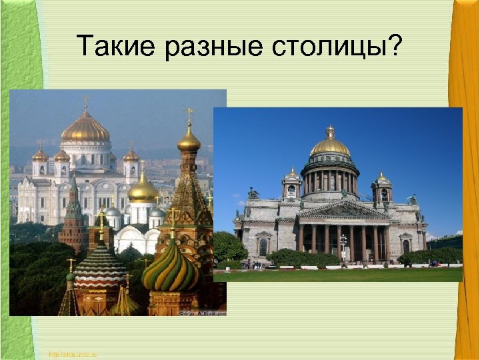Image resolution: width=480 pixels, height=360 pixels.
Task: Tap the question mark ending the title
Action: point(395,46)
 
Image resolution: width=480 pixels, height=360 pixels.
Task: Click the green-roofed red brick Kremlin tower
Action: point(73,220)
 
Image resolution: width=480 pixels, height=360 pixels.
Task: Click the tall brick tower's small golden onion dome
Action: point(189,140)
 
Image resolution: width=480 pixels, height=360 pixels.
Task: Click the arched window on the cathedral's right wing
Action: point(406,245)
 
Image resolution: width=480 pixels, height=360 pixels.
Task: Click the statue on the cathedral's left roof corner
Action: point(253,194)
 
